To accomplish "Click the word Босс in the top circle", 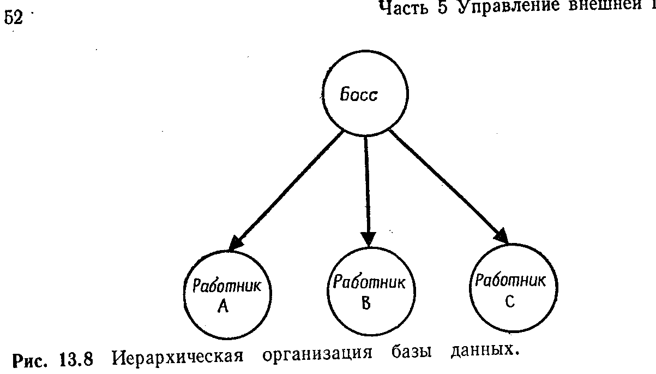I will tap(359, 95).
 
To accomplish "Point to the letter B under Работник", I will tap(366, 303).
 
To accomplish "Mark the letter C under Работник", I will tap(509, 302).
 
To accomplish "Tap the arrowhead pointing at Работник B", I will tap(369, 239).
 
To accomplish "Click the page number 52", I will tap(15, 18).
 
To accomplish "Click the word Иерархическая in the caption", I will tap(177, 358).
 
